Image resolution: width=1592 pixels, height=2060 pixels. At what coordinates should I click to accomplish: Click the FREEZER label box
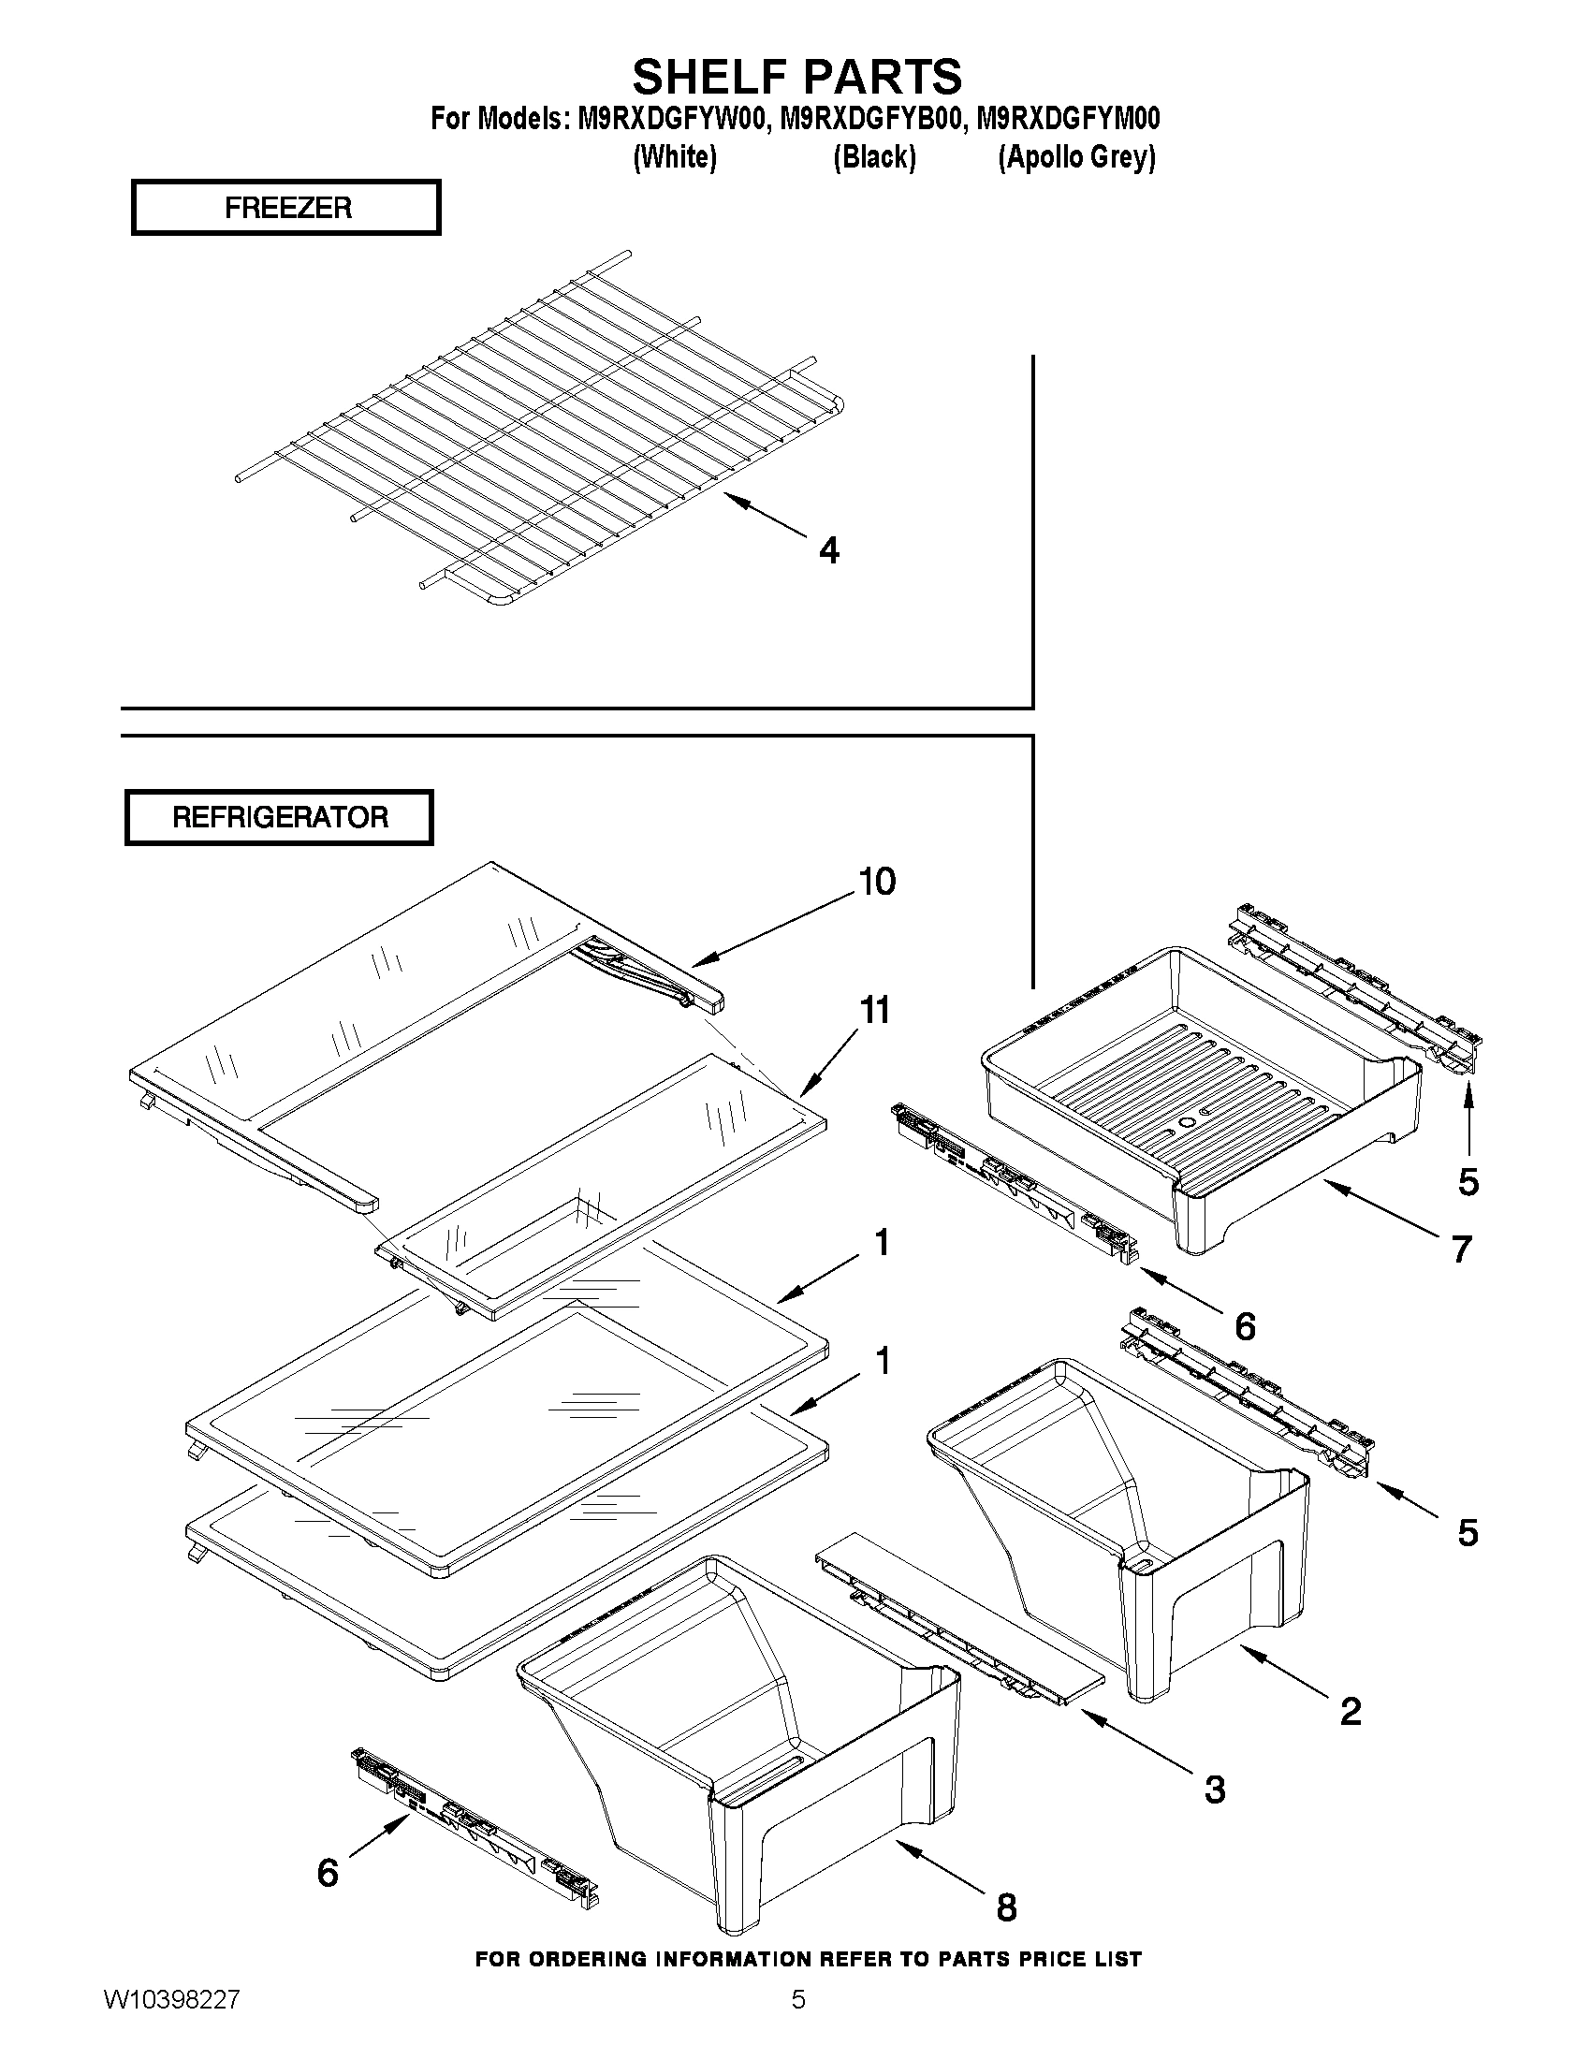coord(285,208)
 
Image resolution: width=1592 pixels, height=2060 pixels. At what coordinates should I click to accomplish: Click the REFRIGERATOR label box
coord(279,817)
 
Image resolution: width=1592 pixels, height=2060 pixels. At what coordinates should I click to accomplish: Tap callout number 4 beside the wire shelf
coord(828,550)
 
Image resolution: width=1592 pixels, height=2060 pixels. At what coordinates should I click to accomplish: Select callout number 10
coord(876,881)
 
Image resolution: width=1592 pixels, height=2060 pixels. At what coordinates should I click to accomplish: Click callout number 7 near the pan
coord(1461,1249)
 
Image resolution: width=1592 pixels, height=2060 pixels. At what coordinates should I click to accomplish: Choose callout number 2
coord(1350,1710)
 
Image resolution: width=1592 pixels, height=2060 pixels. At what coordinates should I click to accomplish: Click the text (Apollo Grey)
coord(1076,156)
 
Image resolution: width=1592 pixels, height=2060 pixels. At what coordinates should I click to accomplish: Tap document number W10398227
coord(171,2025)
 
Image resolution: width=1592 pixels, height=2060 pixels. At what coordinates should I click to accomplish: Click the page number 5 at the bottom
coord(798,2025)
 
